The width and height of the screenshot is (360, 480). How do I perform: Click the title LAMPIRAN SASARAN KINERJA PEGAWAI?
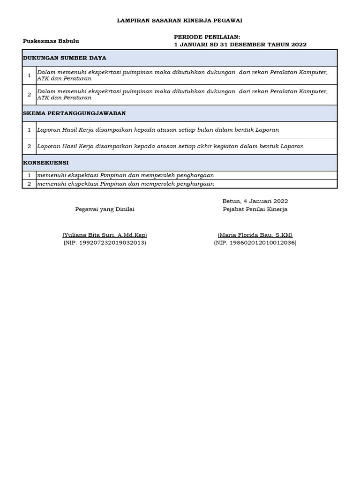180,21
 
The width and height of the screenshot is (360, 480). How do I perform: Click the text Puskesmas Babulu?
51,41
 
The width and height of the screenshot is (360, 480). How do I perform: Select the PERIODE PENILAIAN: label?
207,37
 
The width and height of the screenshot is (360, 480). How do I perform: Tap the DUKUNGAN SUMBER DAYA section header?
65,58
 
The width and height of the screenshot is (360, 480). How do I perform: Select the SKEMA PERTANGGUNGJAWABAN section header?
74,113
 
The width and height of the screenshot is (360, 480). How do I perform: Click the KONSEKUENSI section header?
46,163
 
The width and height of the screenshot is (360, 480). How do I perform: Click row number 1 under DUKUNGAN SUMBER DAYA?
29,75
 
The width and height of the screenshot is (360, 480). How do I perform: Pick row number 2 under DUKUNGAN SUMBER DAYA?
29,95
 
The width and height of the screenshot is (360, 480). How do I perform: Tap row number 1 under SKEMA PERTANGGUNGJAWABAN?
29,130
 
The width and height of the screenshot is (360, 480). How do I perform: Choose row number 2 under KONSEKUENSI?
29,184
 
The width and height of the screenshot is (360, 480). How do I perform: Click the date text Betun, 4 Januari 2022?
255,201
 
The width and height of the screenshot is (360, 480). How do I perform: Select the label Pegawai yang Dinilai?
105,209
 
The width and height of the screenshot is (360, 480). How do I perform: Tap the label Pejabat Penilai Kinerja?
255,209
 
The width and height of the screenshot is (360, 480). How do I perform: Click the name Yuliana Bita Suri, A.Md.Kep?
105,235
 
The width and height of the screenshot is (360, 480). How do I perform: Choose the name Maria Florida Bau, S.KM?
255,235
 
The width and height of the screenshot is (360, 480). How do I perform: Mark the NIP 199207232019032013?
105,243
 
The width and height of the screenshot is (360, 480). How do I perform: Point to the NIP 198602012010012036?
255,243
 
